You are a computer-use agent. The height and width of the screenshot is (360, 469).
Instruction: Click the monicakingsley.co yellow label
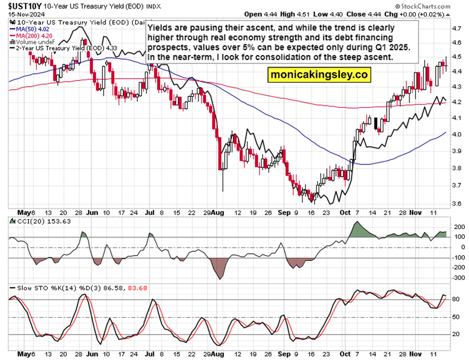coord(319,74)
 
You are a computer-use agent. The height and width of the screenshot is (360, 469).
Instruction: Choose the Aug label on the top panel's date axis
coord(217,211)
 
